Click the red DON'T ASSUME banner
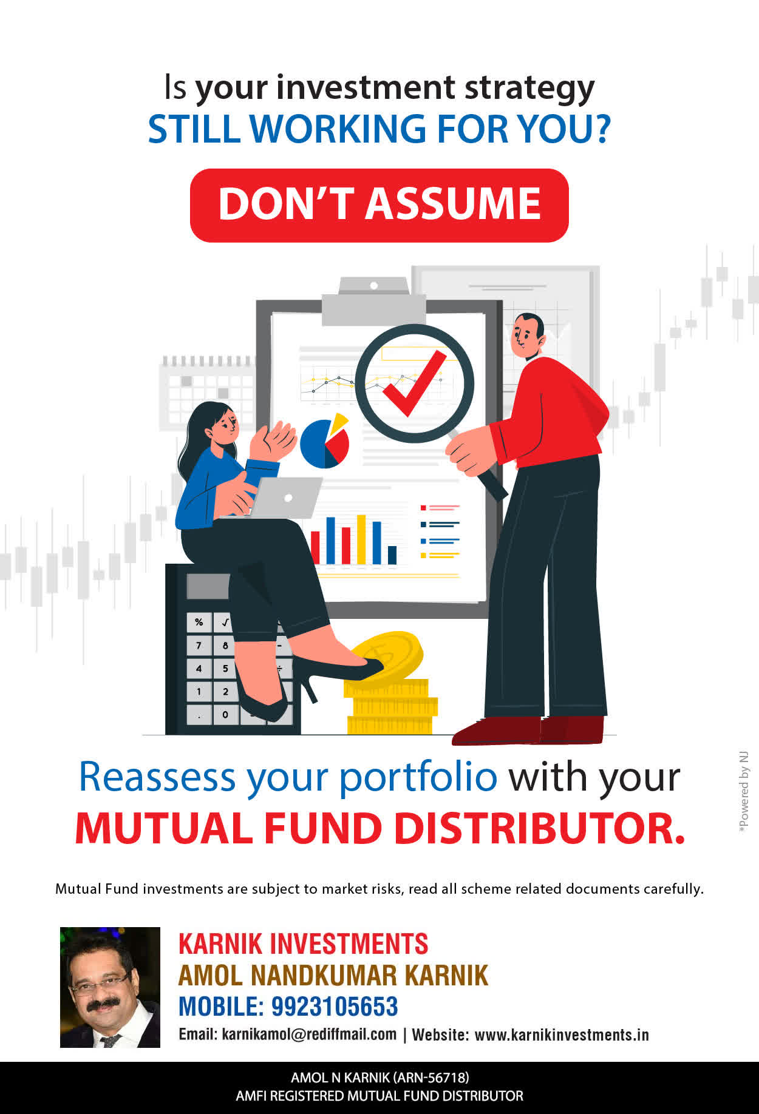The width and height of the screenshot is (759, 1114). coord(379,205)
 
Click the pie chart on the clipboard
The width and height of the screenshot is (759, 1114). coord(325,441)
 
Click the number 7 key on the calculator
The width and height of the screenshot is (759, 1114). coord(199,645)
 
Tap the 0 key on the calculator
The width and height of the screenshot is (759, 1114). coord(225,714)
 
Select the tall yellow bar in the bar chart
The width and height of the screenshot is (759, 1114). coord(361,539)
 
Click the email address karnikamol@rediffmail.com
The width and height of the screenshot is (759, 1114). coord(309,1035)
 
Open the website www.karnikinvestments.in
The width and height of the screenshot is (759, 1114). coord(562,1035)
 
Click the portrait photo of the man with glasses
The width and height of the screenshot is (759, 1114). coord(110,987)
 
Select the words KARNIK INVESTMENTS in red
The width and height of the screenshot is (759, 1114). coord(303,944)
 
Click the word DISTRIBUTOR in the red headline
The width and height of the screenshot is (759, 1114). coord(540,828)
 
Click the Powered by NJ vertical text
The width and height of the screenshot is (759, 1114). coord(744,792)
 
